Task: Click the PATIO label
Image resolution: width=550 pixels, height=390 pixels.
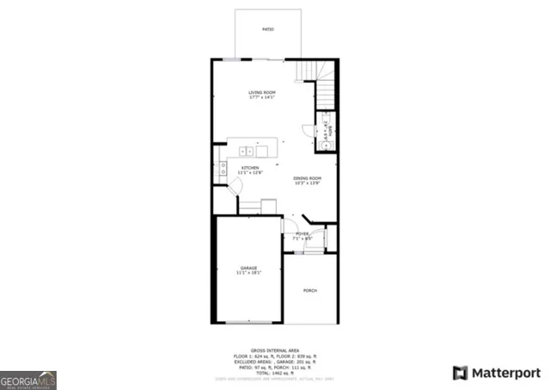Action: (x=267, y=30)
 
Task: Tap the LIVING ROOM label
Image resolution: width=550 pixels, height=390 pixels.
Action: (x=261, y=92)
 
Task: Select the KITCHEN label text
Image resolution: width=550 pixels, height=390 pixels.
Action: (x=250, y=168)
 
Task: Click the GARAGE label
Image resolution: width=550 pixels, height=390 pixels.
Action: (x=248, y=268)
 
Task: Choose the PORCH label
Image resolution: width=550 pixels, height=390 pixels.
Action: (x=310, y=290)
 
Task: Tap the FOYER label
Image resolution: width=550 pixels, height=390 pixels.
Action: (x=302, y=233)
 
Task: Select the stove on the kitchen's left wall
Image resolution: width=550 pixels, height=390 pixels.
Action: (x=223, y=167)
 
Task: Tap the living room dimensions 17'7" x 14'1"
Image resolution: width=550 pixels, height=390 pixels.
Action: (x=261, y=97)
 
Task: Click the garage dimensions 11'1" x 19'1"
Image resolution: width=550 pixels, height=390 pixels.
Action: (x=248, y=273)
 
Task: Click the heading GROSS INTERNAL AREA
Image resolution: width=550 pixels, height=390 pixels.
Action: (x=275, y=350)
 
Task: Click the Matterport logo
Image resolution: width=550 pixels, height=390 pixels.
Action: (x=497, y=372)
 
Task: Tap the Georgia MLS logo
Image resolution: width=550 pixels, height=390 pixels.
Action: (x=28, y=379)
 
